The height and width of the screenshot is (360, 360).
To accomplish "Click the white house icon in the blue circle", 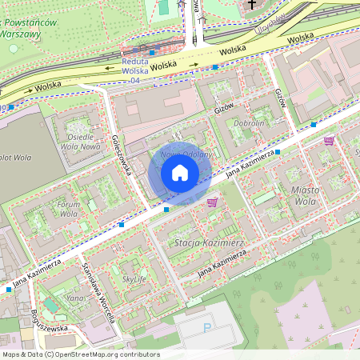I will click(x=180, y=173).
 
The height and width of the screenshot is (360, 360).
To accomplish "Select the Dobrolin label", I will click(x=249, y=124).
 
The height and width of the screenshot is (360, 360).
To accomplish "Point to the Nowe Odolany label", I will click(x=186, y=154).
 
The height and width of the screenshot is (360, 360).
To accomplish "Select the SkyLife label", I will click(x=134, y=279).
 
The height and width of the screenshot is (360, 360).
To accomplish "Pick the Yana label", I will click(x=75, y=298).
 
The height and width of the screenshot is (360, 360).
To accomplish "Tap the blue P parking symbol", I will click(x=208, y=327).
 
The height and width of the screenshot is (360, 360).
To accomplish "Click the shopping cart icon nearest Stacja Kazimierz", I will click(x=212, y=202).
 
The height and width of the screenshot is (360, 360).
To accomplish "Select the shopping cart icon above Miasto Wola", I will click(x=329, y=141).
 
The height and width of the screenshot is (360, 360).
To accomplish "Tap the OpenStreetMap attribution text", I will click(x=80, y=354).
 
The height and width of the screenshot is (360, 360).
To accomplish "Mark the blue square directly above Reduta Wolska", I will click(x=153, y=52).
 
